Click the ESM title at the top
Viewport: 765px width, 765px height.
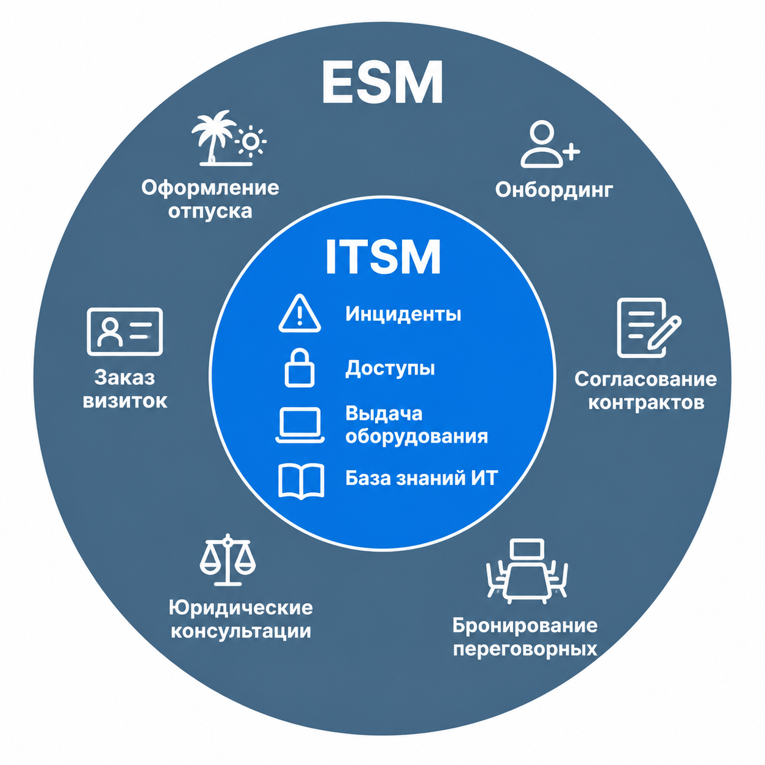click(x=382, y=82)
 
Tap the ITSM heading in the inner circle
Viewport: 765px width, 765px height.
click(x=382, y=256)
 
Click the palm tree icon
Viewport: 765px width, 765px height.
click(x=214, y=137)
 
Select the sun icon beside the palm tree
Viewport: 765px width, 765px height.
click(x=250, y=141)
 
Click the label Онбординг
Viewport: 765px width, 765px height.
click(x=554, y=190)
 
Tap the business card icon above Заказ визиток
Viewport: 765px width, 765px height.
click(x=124, y=331)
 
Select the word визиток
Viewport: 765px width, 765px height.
click(x=125, y=401)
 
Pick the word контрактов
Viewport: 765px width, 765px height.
click(x=646, y=403)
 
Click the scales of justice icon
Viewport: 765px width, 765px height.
click(x=228, y=560)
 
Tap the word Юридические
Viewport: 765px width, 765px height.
click(x=241, y=608)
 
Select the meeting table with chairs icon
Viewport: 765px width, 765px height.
click(x=527, y=571)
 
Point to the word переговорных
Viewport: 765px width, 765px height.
click(x=525, y=650)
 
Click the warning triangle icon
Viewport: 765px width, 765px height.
click(x=300, y=313)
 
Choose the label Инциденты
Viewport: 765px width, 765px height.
click(x=403, y=314)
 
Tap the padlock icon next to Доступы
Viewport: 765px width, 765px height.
click(x=300, y=368)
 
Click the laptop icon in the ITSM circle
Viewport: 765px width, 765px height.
click(x=300, y=425)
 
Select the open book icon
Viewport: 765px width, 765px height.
click(x=301, y=481)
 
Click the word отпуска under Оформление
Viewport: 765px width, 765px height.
click(x=210, y=212)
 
